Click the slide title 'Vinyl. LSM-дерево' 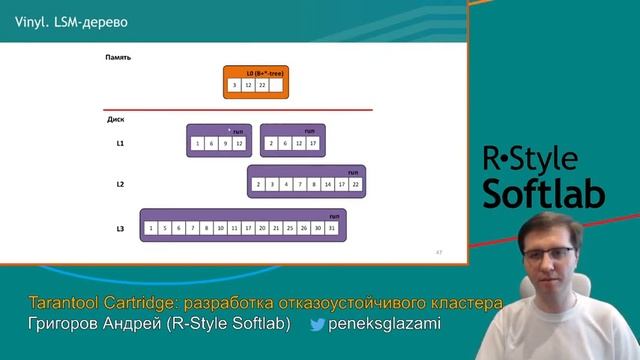point(57,22)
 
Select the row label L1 point(119,144)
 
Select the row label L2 point(119,184)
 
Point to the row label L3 point(119,229)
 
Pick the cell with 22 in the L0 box point(262,86)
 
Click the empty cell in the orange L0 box point(275,86)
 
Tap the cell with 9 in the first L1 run point(225,144)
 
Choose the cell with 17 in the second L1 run point(313,144)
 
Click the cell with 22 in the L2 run point(355,184)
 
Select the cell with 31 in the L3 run point(331,229)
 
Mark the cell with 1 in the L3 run point(150,229)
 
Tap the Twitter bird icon point(317,324)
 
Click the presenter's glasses point(548,254)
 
